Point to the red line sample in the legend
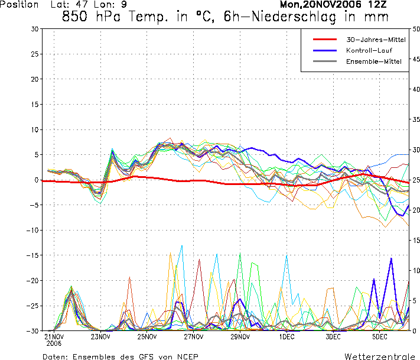(x=324, y=40)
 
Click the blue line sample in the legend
(x=324, y=50)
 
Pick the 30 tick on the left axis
(x=34, y=29)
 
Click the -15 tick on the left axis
(x=32, y=255)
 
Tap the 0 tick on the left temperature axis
(x=36, y=180)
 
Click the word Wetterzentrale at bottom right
(x=380, y=356)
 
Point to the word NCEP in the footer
(x=185, y=356)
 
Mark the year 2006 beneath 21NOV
(x=54, y=343)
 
